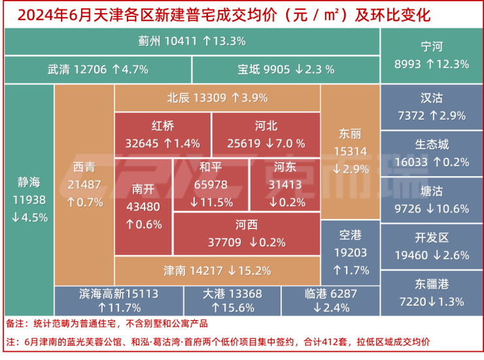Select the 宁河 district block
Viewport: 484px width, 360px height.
[x=432, y=55]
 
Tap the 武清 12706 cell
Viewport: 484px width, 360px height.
[x=98, y=69]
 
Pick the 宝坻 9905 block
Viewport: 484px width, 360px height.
[x=286, y=69]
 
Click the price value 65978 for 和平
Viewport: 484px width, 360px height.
[x=211, y=185]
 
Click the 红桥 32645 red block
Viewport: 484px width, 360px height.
[x=163, y=134]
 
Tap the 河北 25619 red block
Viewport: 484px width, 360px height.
[x=266, y=134]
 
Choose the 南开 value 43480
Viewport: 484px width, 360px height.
[x=143, y=206]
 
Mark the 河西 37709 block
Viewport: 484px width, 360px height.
[x=247, y=234]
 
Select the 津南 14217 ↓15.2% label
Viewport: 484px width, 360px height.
[x=216, y=270]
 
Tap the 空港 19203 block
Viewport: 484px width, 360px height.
[x=350, y=252]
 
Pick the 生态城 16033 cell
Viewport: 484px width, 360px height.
[x=432, y=153]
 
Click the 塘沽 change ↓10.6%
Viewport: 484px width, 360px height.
[x=447, y=209]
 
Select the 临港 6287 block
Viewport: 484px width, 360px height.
[x=331, y=301]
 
